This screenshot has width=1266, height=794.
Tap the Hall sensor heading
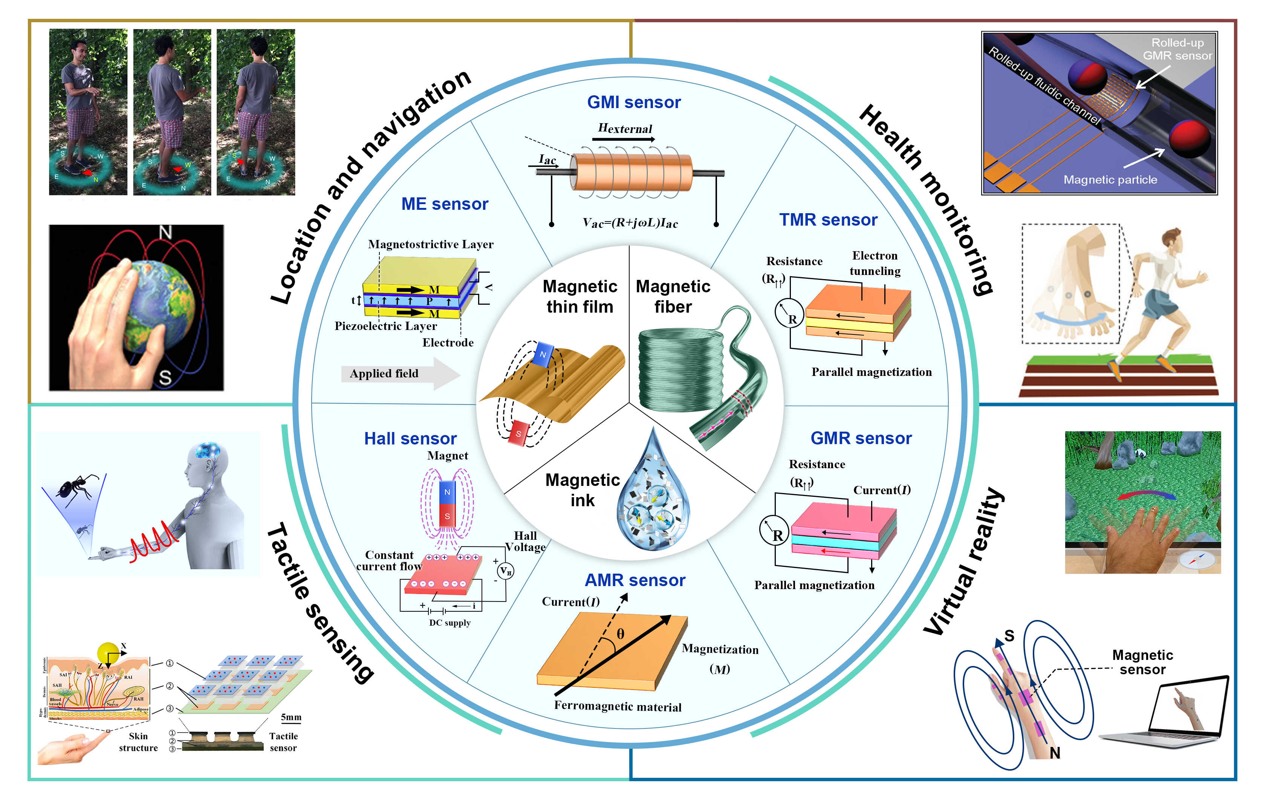tap(410, 438)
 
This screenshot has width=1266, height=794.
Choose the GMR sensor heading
tap(861, 438)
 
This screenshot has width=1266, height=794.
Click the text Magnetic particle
tap(1110, 180)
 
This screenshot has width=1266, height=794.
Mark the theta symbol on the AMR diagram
tap(621, 634)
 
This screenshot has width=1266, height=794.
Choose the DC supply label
tap(450, 623)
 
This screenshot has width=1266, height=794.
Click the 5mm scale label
tap(291, 717)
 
